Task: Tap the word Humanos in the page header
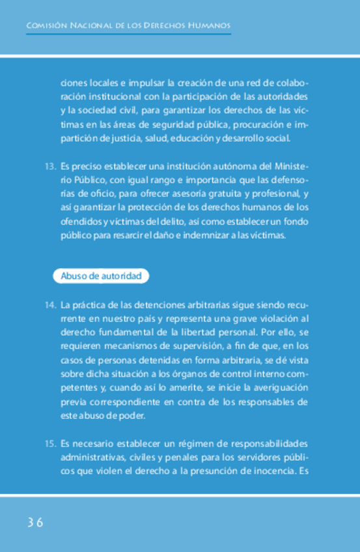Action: [208, 26]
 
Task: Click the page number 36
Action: [35, 523]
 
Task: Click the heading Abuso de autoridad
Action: [100, 277]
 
